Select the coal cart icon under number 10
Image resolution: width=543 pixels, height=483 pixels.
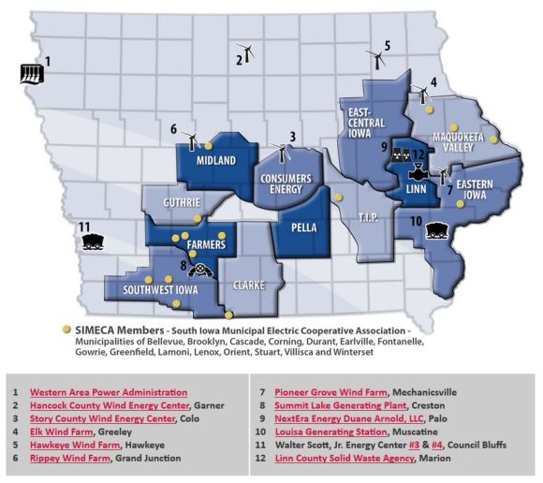coord(435,229)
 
